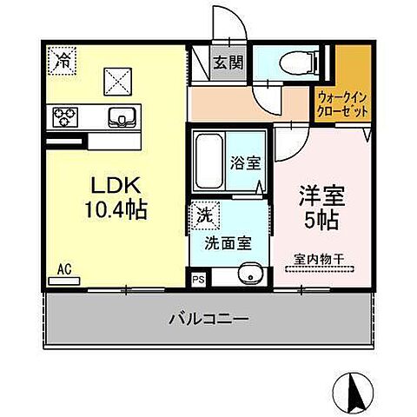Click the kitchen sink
[x=121, y=116]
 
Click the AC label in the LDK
[x=63, y=269]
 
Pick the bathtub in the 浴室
[x=208, y=162]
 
